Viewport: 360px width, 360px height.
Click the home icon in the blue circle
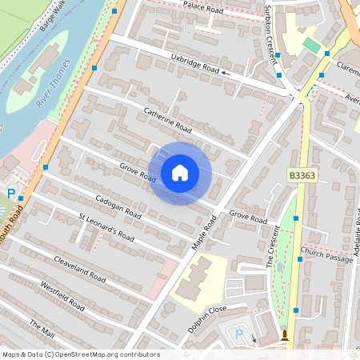coord(180,172)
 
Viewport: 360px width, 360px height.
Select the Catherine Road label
coord(168,119)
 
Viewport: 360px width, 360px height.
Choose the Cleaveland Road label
coord(80,270)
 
